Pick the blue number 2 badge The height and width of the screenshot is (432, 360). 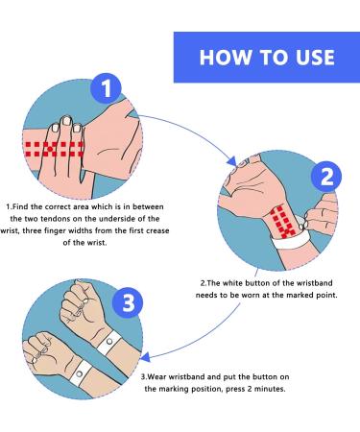tap(325, 176)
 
